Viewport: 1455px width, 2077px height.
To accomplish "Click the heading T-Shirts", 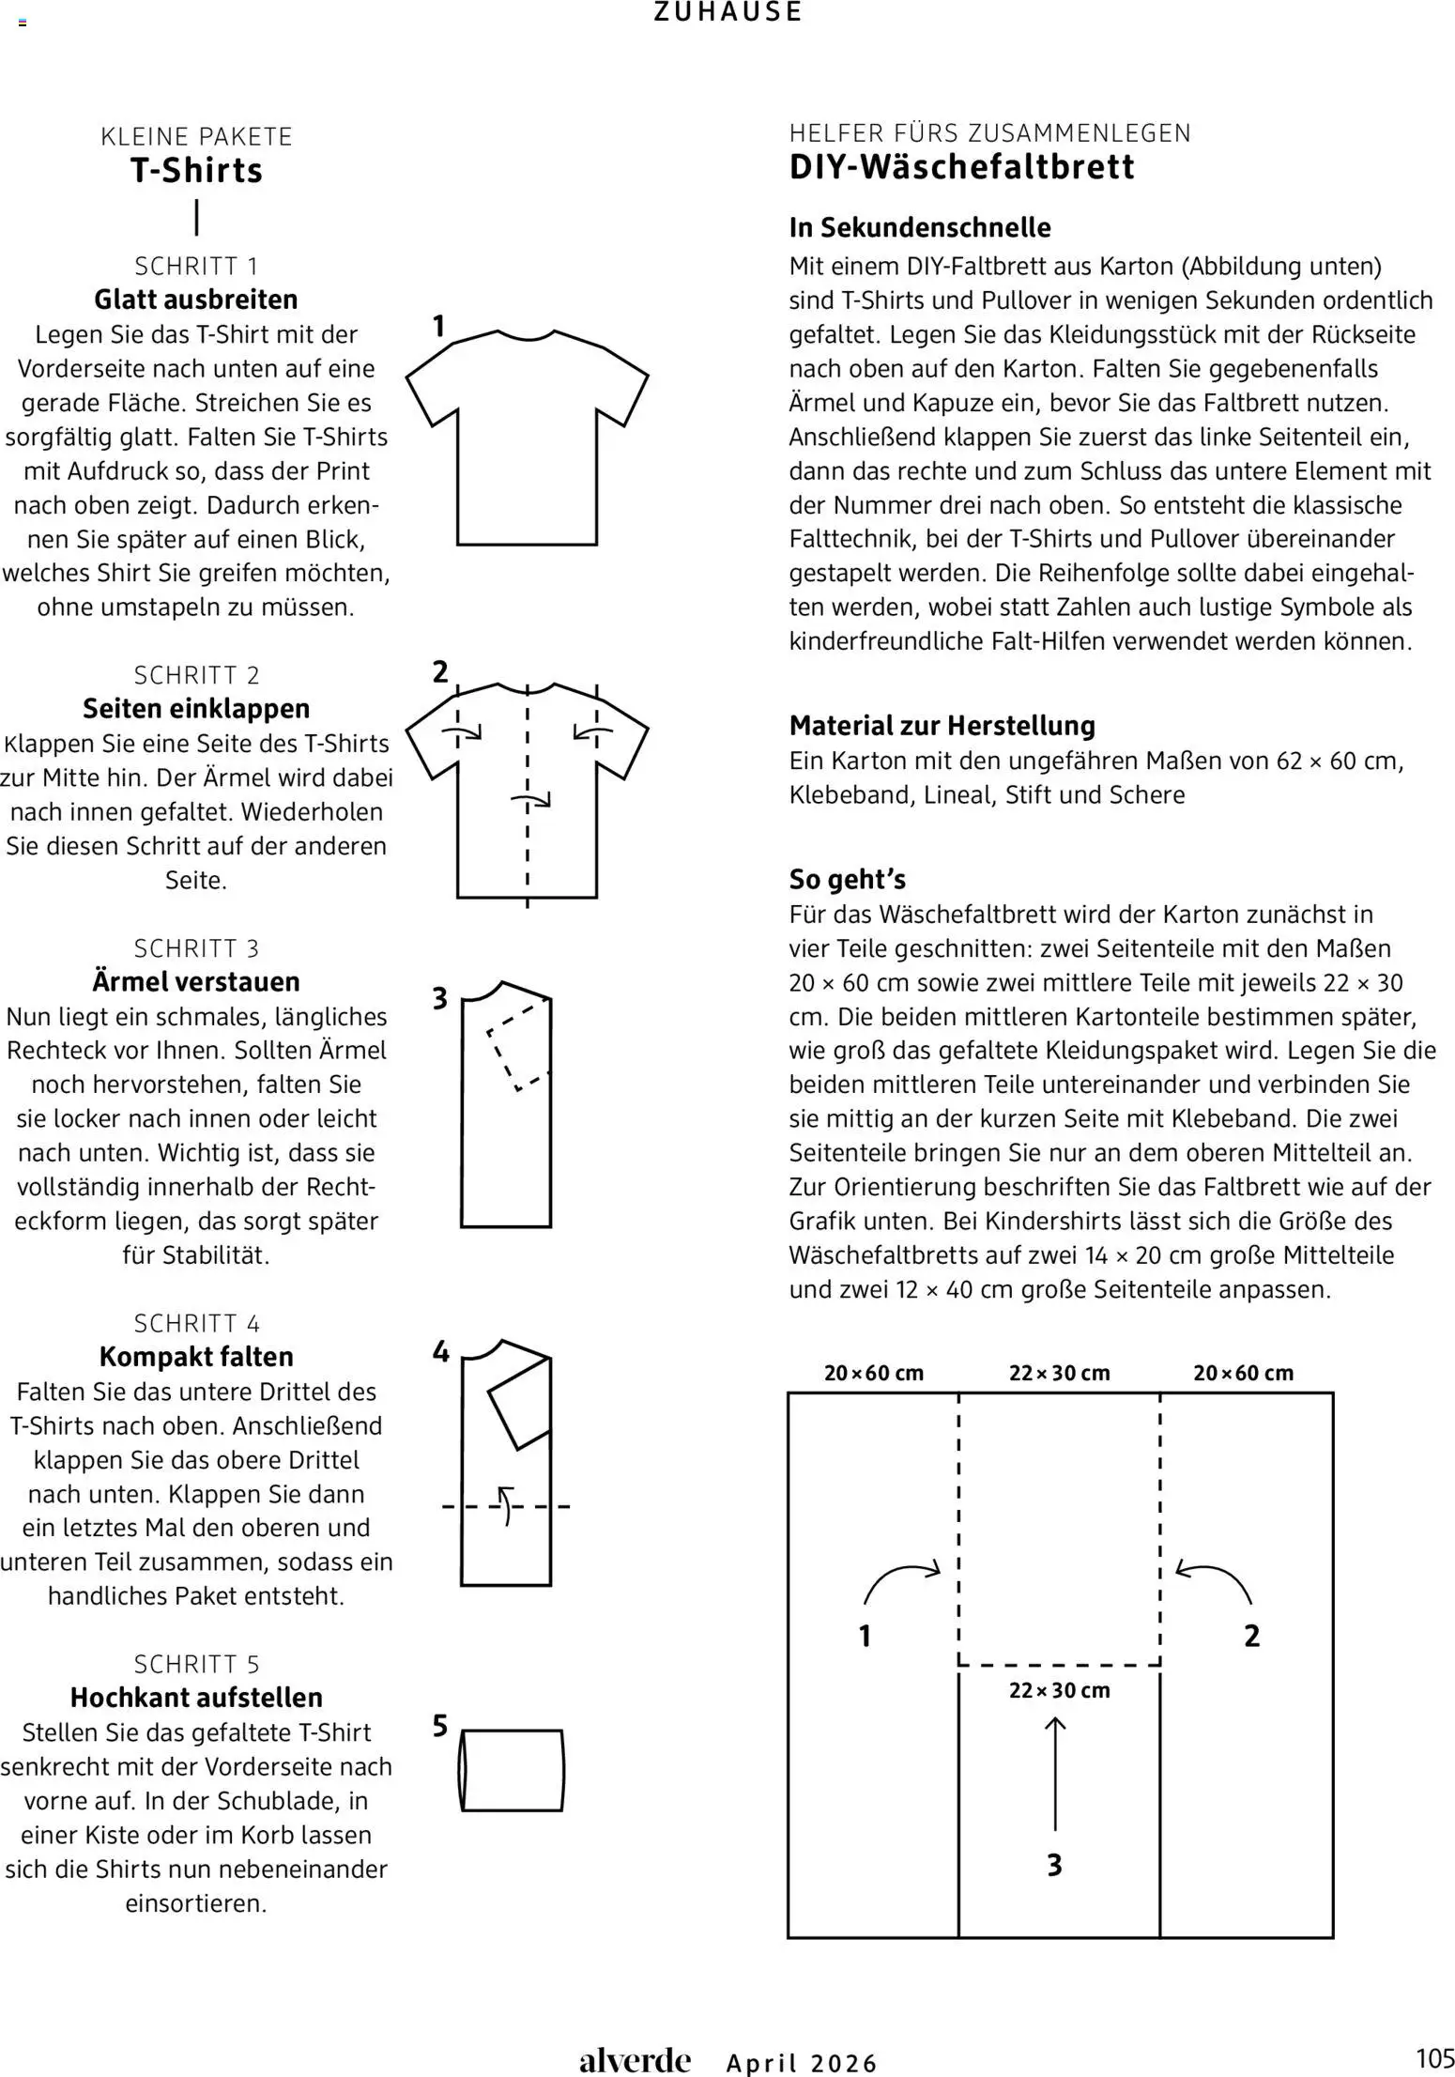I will (x=196, y=171).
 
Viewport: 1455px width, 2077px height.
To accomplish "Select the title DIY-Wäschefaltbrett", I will (x=962, y=167).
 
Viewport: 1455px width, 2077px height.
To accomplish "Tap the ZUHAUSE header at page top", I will (x=727, y=12).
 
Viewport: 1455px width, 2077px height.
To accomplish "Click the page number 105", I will (x=1434, y=2058).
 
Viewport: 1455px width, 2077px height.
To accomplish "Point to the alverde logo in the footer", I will (x=635, y=2060).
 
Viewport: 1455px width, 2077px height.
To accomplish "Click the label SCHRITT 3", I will (x=196, y=947).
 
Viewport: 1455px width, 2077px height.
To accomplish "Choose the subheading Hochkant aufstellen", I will (x=196, y=1697).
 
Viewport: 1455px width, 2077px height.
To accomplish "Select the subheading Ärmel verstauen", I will (x=196, y=981).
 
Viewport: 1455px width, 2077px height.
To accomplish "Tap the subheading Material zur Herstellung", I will (x=942, y=725).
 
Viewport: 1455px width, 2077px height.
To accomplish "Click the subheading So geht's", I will (x=847, y=879).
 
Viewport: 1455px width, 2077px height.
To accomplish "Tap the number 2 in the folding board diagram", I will (x=1251, y=1636).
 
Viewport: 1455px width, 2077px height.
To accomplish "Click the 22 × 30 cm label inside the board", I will (x=1059, y=1690).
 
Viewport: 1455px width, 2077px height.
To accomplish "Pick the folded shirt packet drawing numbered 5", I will (x=512, y=1770).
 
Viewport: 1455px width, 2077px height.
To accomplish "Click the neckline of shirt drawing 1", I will (x=525, y=336).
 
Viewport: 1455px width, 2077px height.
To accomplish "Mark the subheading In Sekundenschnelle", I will (x=920, y=227).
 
